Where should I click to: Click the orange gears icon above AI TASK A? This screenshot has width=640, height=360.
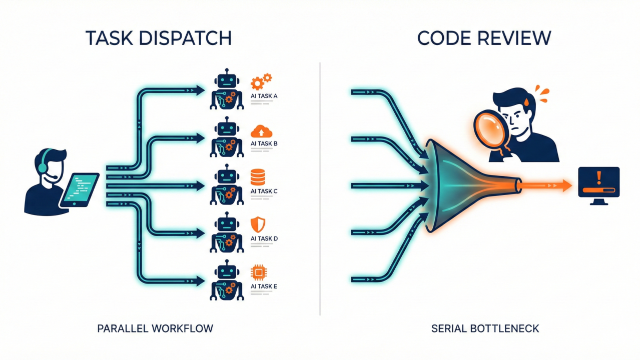pyautogui.click(x=261, y=81)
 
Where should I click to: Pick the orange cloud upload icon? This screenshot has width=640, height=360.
pyautogui.click(x=261, y=131)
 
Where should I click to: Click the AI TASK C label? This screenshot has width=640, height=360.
pyautogui.click(x=264, y=191)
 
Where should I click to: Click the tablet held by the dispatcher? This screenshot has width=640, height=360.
pyautogui.click(x=80, y=189)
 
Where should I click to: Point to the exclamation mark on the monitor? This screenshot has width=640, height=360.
pyautogui.click(x=599, y=177)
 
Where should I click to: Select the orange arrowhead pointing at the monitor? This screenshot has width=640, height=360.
pyautogui.click(x=566, y=185)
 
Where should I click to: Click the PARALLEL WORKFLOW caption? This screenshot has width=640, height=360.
pyautogui.click(x=155, y=328)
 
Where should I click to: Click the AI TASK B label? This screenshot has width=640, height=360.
pyautogui.click(x=264, y=143)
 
